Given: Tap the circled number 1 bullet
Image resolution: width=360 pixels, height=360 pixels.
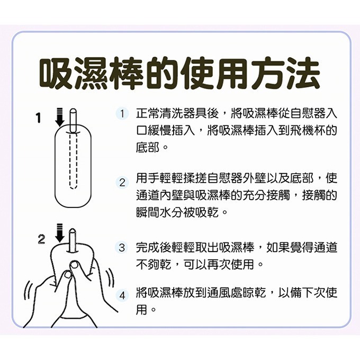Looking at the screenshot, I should click(x=122, y=113).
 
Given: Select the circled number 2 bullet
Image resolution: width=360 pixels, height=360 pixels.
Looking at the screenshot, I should click(x=122, y=183).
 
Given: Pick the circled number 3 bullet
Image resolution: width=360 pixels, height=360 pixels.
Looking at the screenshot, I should click(x=122, y=247).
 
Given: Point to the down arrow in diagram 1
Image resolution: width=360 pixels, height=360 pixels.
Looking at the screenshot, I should click(x=59, y=117).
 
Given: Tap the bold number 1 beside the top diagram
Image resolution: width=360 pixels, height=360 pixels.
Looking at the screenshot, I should click(x=38, y=118).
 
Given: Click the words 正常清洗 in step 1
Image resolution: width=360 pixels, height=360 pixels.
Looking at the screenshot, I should click(x=157, y=113).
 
